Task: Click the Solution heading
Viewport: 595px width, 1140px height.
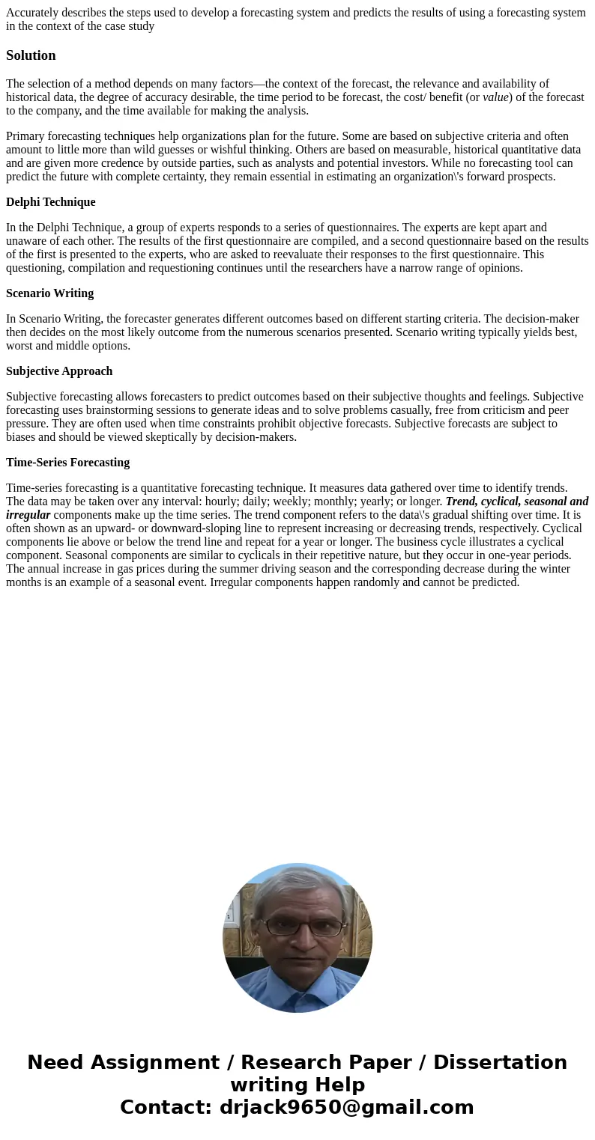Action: click(31, 55)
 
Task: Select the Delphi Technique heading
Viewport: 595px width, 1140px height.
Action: click(50, 202)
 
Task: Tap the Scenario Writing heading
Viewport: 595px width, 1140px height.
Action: click(49, 293)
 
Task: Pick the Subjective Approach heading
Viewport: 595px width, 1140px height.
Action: click(59, 371)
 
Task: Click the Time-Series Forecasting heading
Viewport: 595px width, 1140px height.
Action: click(67, 463)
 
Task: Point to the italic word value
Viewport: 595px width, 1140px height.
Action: click(495, 97)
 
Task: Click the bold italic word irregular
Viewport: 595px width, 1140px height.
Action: click(28, 515)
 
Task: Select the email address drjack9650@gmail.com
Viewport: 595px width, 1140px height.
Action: click(346, 1107)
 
